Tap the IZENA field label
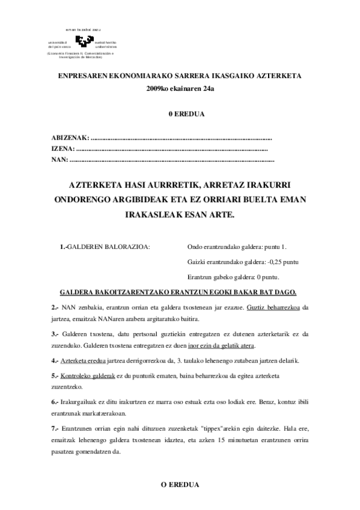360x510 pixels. coord(63,149)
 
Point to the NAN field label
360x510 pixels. coord(60,159)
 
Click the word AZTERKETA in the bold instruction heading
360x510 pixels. coord(99,185)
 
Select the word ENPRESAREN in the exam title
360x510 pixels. coord(80,77)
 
